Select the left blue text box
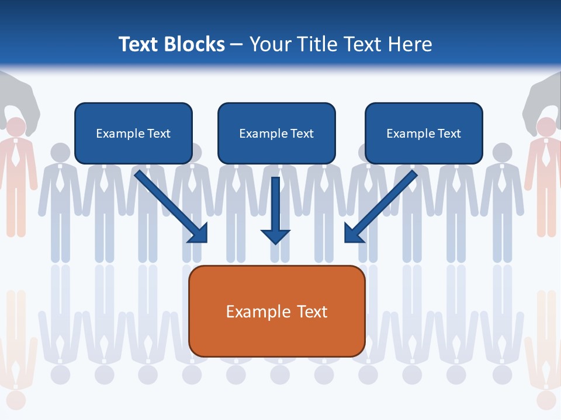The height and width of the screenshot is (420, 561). coord(133,133)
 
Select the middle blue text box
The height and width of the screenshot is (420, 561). coord(276,133)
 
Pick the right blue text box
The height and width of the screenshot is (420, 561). coord(424,133)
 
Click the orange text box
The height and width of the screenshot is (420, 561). coord(276,311)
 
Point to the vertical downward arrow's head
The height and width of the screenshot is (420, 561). coord(275,236)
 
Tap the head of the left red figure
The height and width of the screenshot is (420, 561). coord(16,127)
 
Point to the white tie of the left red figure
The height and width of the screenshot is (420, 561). coord(16,153)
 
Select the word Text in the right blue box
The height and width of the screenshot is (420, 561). coord(449,134)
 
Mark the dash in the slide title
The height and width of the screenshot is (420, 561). coord(237,45)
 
